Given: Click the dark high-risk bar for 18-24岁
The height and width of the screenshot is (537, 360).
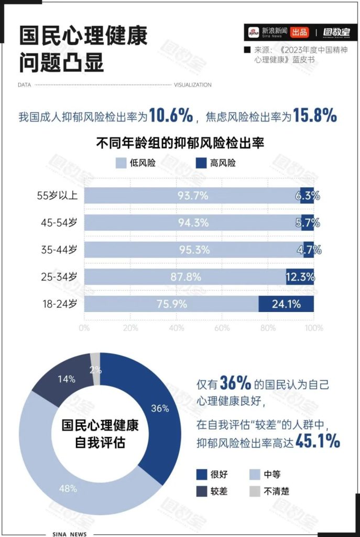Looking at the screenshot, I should [x=286, y=304].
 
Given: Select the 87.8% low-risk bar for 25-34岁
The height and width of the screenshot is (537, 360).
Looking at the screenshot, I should [x=184, y=276].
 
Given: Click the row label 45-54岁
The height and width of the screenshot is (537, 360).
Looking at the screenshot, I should [x=59, y=222].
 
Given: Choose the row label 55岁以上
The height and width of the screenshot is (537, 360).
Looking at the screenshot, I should [x=57, y=196].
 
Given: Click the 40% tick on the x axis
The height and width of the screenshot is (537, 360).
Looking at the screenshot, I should [x=176, y=328].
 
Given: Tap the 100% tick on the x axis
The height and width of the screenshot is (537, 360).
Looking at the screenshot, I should [x=313, y=328].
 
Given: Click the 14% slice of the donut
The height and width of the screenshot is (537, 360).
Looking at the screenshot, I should [x=66, y=379].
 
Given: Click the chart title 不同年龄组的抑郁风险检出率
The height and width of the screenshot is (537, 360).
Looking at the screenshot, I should [x=180, y=142].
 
